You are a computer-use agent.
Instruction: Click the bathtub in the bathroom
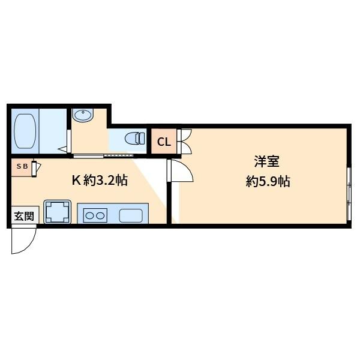[x=25, y=131]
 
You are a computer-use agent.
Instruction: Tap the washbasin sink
[x=83, y=115]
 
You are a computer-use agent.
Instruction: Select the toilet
[x=135, y=139]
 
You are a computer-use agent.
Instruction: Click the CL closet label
[x=164, y=142]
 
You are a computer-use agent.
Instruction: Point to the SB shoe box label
[x=22, y=166]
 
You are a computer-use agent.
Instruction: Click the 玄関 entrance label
[x=24, y=216]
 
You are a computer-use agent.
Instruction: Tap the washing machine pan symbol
[x=57, y=212]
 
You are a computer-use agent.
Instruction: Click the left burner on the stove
[x=89, y=215]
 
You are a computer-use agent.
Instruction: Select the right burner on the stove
[x=100, y=215]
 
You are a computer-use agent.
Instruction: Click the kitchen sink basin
[x=131, y=215]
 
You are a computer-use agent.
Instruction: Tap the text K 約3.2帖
[x=100, y=180]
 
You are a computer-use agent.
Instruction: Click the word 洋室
[x=267, y=161]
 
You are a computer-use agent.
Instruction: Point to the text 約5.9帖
[x=268, y=182]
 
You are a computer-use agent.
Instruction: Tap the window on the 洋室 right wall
[x=349, y=194]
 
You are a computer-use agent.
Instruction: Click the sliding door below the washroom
[x=103, y=156]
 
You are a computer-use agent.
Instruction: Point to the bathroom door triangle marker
[x=62, y=149]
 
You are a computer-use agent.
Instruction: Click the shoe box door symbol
[x=36, y=169]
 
